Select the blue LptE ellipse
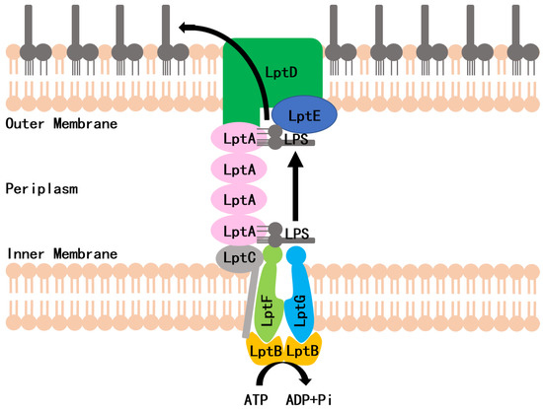click(304, 113)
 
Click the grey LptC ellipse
click(237, 257)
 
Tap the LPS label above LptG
click(298, 234)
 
